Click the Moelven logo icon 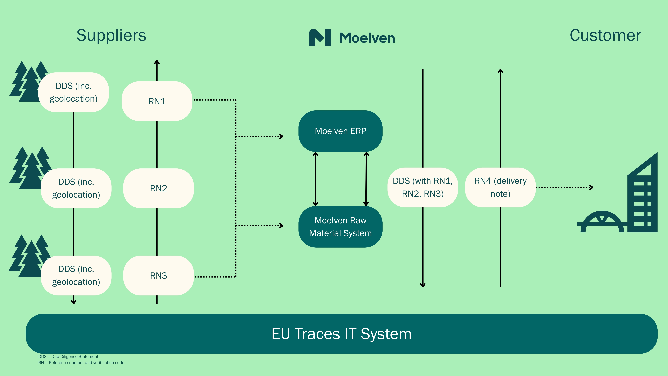pyautogui.click(x=320, y=38)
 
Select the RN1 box pyautogui.click(x=157, y=101)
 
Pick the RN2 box pyautogui.click(x=158, y=188)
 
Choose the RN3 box pyautogui.click(x=158, y=276)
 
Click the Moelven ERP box pyautogui.click(x=340, y=131)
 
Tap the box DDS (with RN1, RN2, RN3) pyautogui.click(x=423, y=187)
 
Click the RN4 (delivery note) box pyautogui.click(x=500, y=187)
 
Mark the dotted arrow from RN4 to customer pyautogui.click(x=564, y=187)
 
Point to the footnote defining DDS pyautogui.click(x=68, y=357)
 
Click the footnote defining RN pyautogui.click(x=81, y=363)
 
